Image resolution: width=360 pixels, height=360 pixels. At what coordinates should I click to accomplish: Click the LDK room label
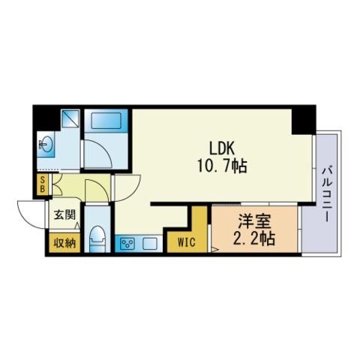[x=222, y=148]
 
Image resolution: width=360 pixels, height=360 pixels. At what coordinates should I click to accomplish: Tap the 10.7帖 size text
[x=222, y=166]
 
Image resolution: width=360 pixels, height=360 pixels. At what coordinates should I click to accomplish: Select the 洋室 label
[x=254, y=221]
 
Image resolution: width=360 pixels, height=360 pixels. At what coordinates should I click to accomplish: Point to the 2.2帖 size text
[x=254, y=238]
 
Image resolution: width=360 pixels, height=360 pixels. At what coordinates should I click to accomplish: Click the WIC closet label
[x=187, y=242]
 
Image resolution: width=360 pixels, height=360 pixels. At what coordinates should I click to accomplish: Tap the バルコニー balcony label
[x=328, y=194]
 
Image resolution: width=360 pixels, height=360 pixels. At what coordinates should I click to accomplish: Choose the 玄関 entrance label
[x=65, y=214]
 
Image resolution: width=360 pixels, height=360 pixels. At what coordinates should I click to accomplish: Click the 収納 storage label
[x=65, y=243]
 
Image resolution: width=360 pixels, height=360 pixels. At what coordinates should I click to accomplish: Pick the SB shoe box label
[x=43, y=184]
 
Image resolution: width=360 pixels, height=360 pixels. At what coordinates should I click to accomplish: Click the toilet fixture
[x=97, y=239]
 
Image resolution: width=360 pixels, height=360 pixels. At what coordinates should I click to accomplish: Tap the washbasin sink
[x=46, y=145]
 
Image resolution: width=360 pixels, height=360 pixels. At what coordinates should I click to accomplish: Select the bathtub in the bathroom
[x=106, y=121]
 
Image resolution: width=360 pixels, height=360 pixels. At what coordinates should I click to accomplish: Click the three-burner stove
[x=127, y=243]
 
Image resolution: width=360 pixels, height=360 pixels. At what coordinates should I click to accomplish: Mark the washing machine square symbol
[x=70, y=118]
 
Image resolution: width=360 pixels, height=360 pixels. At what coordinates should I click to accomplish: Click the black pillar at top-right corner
[x=304, y=120]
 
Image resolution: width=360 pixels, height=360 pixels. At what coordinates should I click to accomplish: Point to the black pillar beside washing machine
[x=47, y=118]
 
